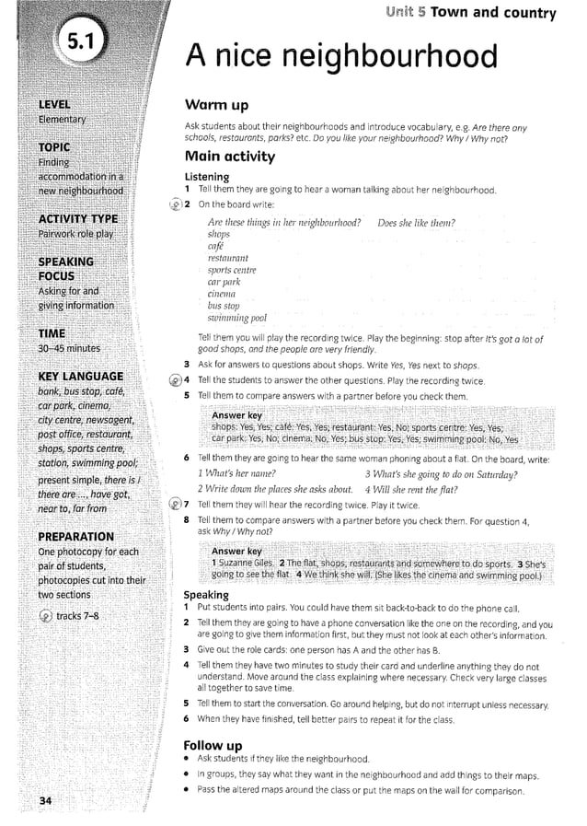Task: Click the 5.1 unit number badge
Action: click(x=81, y=43)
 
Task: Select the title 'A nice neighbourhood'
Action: click(x=340, y=58)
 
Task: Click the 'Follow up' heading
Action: click(x=213, y=744)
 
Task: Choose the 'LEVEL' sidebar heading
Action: click(x=54, y=104)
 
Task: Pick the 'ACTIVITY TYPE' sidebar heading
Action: click(x=77, y=218)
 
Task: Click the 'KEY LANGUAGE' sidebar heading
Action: click(x=80, y=376)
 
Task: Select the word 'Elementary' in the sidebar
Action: click(x=62, y=120)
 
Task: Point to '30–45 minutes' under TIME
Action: click(x=70, y=348)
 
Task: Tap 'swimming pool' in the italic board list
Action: click(x=240, y=318)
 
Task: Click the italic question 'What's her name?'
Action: click(x=240, y=474)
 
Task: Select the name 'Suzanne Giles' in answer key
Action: click(x=244, y=563)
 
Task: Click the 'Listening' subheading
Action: click(x=207, y=176)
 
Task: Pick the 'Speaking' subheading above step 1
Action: click(x=207, y=595)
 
